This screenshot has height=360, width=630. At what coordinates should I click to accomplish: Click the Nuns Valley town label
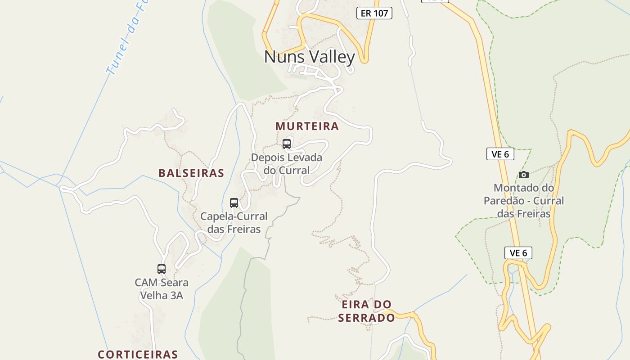[309, 57]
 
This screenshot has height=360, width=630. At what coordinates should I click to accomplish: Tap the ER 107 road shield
[374, 13]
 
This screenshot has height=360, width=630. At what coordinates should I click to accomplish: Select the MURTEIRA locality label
[307, 126]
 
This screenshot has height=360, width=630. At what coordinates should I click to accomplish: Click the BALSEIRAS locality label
[191, 173]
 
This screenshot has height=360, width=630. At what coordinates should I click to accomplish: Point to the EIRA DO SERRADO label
[366, 311]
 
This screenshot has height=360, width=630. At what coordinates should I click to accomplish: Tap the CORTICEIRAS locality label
[138, 354]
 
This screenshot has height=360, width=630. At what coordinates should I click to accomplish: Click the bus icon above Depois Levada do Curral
[287, 144]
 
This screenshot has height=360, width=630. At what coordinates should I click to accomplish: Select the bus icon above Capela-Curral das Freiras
[234, 203]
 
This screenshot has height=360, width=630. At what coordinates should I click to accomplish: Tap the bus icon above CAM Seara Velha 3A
[162, 269]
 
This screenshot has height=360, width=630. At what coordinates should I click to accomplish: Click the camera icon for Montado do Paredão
[524, 175]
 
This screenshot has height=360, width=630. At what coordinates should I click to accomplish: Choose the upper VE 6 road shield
[500, 154]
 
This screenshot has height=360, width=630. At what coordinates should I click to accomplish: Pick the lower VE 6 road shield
[518, 253]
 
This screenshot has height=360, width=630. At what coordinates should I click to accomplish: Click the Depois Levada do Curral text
[287, 164]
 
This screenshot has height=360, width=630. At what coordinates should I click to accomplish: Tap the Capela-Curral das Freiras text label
[234, 223]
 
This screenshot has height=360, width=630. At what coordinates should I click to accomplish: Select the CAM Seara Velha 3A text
[162, 289]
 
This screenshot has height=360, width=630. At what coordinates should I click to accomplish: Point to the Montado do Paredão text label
[524, 200]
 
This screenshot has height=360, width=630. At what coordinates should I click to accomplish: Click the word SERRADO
[366, 318]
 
